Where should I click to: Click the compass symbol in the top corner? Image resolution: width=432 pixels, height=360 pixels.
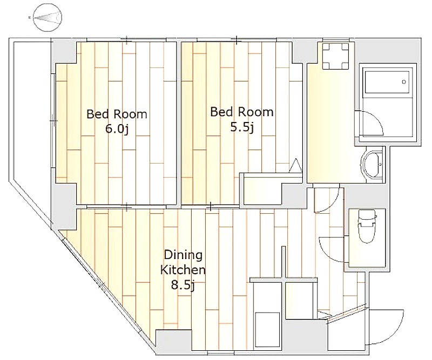(48, 17)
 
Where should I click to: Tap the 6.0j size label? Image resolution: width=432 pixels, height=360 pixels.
(117, 129)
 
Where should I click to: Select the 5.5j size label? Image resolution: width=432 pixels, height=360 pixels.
(241, 127)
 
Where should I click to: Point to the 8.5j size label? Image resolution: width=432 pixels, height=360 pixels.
(183, 285)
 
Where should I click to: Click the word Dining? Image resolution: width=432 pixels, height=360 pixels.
(183, 255)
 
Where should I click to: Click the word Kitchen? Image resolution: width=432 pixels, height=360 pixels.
(183, 270)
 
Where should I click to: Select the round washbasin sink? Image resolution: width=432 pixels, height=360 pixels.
(371, 165)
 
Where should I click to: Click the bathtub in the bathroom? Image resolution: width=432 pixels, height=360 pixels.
(387, 82)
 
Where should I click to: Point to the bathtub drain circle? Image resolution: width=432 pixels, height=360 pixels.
(404, 82)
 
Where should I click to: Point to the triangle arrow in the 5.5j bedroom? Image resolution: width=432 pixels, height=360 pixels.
(295, 165)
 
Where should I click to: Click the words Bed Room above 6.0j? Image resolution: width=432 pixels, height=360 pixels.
(117, 114)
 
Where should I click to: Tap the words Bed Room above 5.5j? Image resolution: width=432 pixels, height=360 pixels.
(241, 112)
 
